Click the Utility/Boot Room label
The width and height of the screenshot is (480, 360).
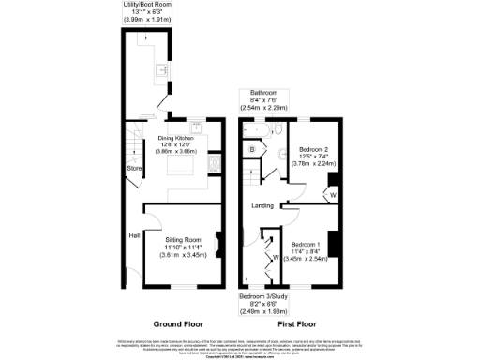[146, 5]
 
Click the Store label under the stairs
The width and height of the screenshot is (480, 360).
[134, 169]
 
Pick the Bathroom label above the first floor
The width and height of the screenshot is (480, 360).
[262, 93]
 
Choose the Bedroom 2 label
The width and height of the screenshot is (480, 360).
[313, 149]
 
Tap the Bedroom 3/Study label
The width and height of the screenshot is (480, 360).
[263, 296]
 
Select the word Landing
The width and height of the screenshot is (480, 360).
[262, 205]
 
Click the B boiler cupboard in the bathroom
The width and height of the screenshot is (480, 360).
[252, 150]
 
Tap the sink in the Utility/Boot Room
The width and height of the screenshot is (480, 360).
[160, 69]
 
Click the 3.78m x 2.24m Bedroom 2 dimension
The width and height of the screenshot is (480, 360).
[313, 163]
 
